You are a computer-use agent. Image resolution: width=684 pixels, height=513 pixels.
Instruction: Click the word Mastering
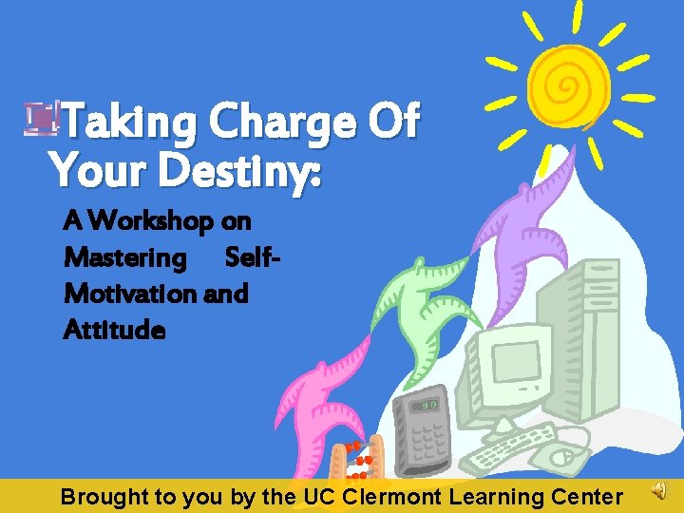(124, 257)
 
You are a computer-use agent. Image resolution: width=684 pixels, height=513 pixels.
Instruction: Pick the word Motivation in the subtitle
(130, 294)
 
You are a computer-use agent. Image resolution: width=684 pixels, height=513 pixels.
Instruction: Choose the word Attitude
(114, 331)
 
